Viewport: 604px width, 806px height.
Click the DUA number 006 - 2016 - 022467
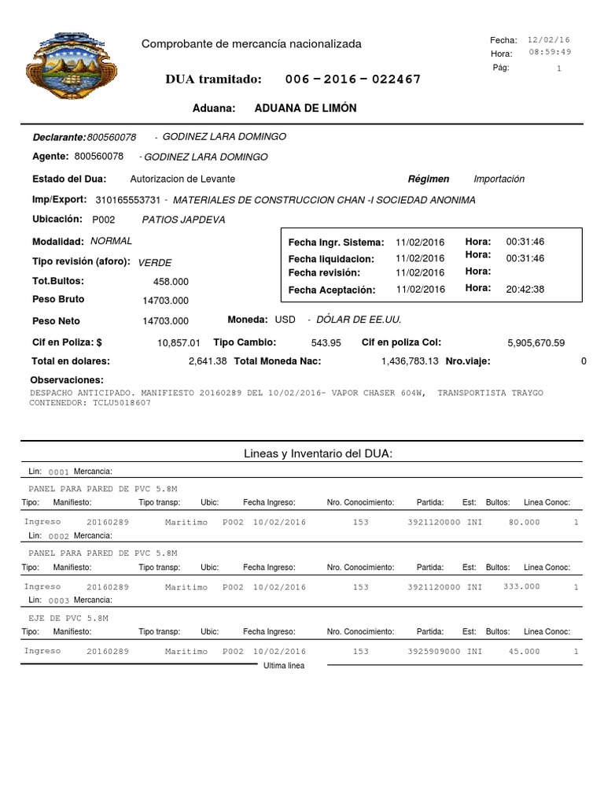click(x=352, y=79)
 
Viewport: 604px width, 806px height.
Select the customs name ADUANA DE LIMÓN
click(x=306, y=108)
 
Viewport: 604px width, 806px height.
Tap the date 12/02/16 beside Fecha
click(x=549, y=39)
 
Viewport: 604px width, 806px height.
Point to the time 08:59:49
click(x=550, y=52)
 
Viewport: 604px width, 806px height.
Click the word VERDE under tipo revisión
click(x=155, y=262)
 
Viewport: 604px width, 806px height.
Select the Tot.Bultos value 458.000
click(x=171, y=281)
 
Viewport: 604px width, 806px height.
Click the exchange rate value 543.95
click(x=326, y=343)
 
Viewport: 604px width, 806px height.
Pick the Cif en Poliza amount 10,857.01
click(x=179, y=343)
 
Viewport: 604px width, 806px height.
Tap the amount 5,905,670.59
click(x=536, y=343)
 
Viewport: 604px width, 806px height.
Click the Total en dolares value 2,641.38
click(x=208, y=361)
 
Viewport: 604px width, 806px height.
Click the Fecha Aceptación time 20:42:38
click(x=525, y=289)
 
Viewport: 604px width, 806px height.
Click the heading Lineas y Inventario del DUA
click(x=319, y=454)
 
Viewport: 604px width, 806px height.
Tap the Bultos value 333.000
click(x=521, y=586)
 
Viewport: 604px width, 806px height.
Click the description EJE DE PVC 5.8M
click(x=67, y=619)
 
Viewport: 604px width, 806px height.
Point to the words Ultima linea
click(x=284, y=665)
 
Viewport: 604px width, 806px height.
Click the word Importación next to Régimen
click(x=499, y=179)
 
